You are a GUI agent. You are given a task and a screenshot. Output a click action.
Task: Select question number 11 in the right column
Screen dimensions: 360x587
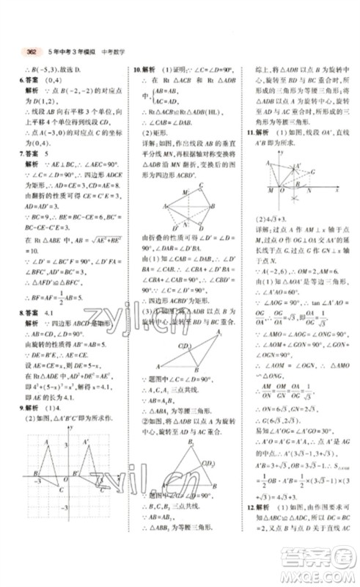[x=249, y=132]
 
